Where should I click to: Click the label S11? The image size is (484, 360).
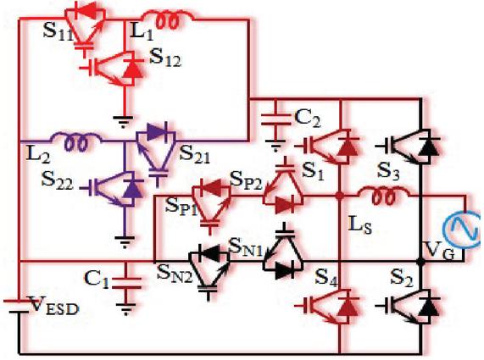58,30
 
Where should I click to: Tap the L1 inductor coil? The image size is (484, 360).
169,19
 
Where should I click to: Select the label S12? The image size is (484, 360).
165,58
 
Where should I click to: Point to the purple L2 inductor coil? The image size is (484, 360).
76,142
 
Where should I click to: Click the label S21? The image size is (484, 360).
194,154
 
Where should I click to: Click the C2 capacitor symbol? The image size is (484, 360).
276,119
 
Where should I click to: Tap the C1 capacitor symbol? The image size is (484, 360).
126,283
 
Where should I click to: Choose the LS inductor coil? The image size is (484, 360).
384,194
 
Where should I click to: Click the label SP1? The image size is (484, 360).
181,206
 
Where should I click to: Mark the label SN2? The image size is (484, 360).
175,273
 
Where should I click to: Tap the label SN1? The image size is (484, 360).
246,246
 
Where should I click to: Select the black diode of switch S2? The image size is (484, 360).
430,307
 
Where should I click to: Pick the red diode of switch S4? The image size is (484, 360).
348,307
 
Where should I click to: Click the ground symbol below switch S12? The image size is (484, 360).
124,122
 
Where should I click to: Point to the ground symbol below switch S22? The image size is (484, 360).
125,242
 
